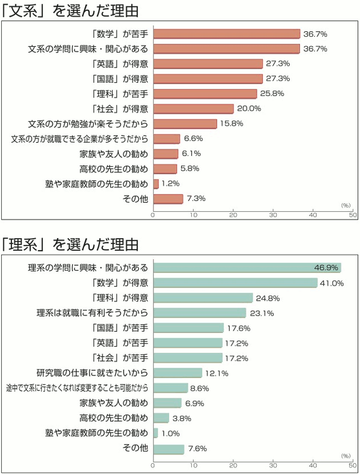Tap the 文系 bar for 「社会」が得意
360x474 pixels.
coord(193,109)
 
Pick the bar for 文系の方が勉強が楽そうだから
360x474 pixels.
coord(185,124)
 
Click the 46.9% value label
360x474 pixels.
coord(327,268)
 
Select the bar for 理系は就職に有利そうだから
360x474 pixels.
coord(200,313)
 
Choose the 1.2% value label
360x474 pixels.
coord(170,184)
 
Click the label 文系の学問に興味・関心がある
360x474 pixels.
coord(89,49)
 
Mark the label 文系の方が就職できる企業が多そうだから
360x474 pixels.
coord(80,139)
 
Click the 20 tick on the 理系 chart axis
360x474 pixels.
coord(233,464)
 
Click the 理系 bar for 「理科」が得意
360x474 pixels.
coord(203,298)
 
